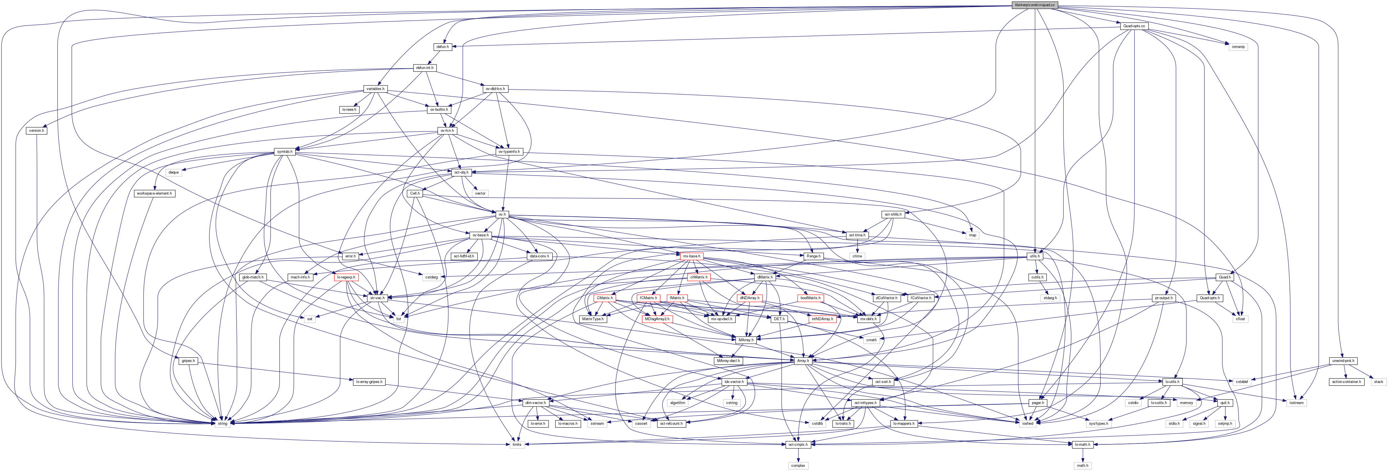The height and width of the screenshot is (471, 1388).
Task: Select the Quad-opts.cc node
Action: click(1134, 26)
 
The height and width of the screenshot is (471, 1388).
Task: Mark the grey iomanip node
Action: click(1238, 47)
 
